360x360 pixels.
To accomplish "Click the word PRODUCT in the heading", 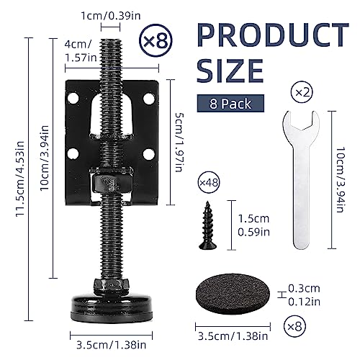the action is tap(273, 35).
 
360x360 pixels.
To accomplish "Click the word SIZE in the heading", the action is tap(230, 71).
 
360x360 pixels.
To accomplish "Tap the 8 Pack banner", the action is tap(230, 104).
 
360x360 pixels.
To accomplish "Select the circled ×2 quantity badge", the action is tap(302, 92).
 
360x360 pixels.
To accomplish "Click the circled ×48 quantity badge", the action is tap(209, 183).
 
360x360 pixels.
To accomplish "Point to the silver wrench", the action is tap(301, 179).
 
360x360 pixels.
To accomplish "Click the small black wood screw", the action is tap(207, 225).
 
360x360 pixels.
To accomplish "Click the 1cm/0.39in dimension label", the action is tap(111, 16).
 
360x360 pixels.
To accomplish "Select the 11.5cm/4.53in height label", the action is tap(20, 179).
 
